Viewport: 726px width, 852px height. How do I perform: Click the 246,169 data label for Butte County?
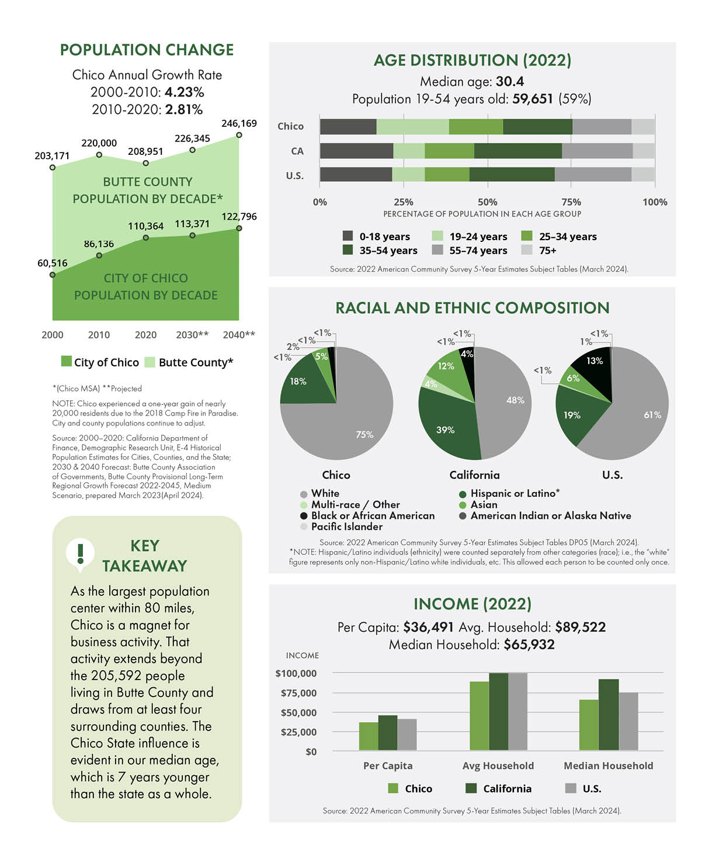[239, 123]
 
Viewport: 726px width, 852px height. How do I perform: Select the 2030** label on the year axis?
[192, 335]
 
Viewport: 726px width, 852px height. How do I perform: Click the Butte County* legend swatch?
[150, 362]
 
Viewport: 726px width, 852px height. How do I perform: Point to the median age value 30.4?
[510, 81]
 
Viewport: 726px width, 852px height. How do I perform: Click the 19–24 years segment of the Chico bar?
[412, 127]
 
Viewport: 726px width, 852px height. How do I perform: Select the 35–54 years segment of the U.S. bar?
[512, 174]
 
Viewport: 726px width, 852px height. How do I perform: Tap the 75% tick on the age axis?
[571, 202]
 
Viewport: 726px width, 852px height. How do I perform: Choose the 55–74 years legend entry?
[470, 250]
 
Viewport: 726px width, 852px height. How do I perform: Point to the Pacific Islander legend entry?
[342, 527]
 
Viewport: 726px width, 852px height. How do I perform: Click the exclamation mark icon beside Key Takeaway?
[81, 553]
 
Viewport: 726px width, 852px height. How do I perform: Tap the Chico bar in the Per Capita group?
[369, 736]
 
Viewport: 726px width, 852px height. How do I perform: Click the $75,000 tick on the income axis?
[298, 693]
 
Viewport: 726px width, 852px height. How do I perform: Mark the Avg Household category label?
[498, 766]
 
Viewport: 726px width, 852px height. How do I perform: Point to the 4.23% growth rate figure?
[184, 92]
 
